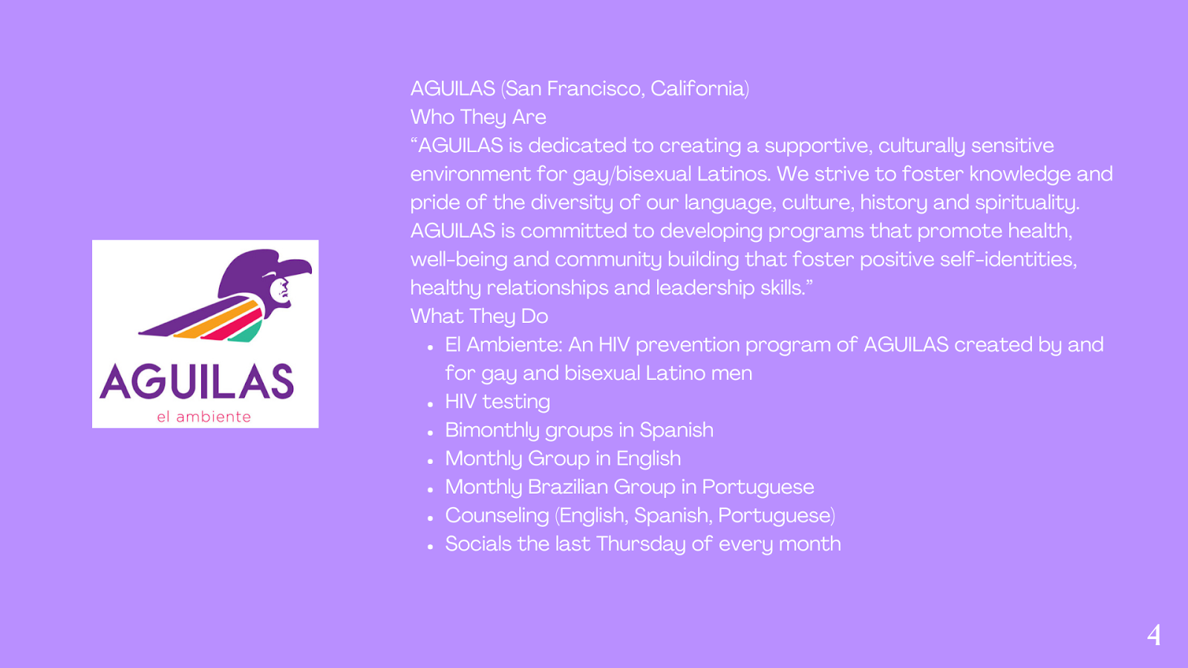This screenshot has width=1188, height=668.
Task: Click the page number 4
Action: [x=1154, y=635]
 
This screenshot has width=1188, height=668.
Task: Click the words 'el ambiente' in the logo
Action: [x=203, y=416]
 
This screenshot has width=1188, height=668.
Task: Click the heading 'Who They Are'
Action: [x=478, y=117]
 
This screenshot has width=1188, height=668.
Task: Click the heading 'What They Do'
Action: [x=479, y=316]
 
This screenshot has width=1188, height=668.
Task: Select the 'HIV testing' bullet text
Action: [x=497, y=402]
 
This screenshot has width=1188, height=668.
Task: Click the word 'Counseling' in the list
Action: [x=497, y=516]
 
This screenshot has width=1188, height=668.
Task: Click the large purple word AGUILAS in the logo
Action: [x=197, y=382]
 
